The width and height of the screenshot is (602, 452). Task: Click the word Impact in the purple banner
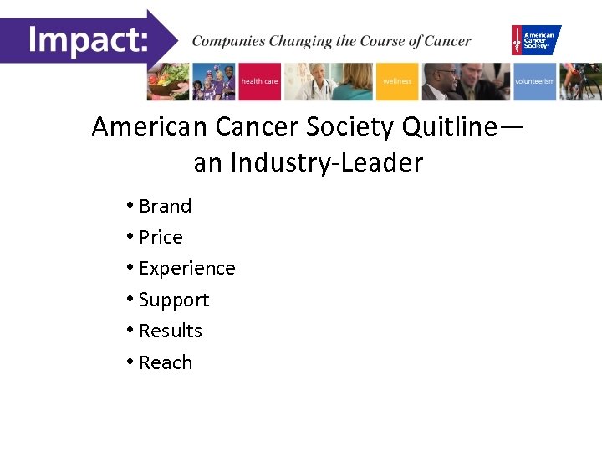point(87,40)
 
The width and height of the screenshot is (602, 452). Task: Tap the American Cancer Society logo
point(536,39)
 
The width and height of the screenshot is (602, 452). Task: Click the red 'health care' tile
point(260,81)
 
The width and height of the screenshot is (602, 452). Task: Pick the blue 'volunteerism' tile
point(535,81)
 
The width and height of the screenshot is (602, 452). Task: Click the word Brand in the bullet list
point(165,206)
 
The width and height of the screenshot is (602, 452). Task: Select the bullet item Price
point(161,237)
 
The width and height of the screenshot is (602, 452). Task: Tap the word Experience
point(186,269)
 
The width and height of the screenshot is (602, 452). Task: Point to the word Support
point(174,300)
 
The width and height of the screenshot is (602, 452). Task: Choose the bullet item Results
point(171,331)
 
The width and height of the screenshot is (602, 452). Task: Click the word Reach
point(166,362)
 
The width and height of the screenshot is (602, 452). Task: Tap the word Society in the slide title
point(353,127)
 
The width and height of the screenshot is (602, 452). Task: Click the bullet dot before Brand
point(130,206)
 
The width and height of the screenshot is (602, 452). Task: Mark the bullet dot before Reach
point(130,362)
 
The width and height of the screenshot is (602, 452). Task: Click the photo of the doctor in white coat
point(315,81)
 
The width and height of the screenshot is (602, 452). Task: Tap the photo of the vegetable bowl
point(169,81)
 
